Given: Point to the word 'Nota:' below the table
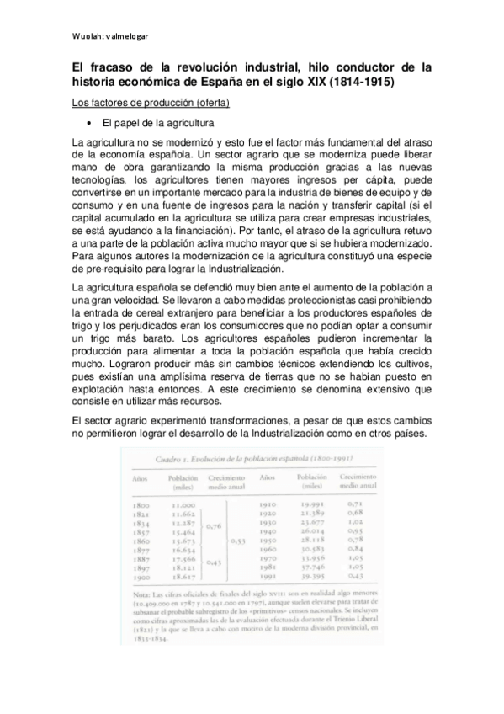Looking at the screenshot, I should click(139, 617).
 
